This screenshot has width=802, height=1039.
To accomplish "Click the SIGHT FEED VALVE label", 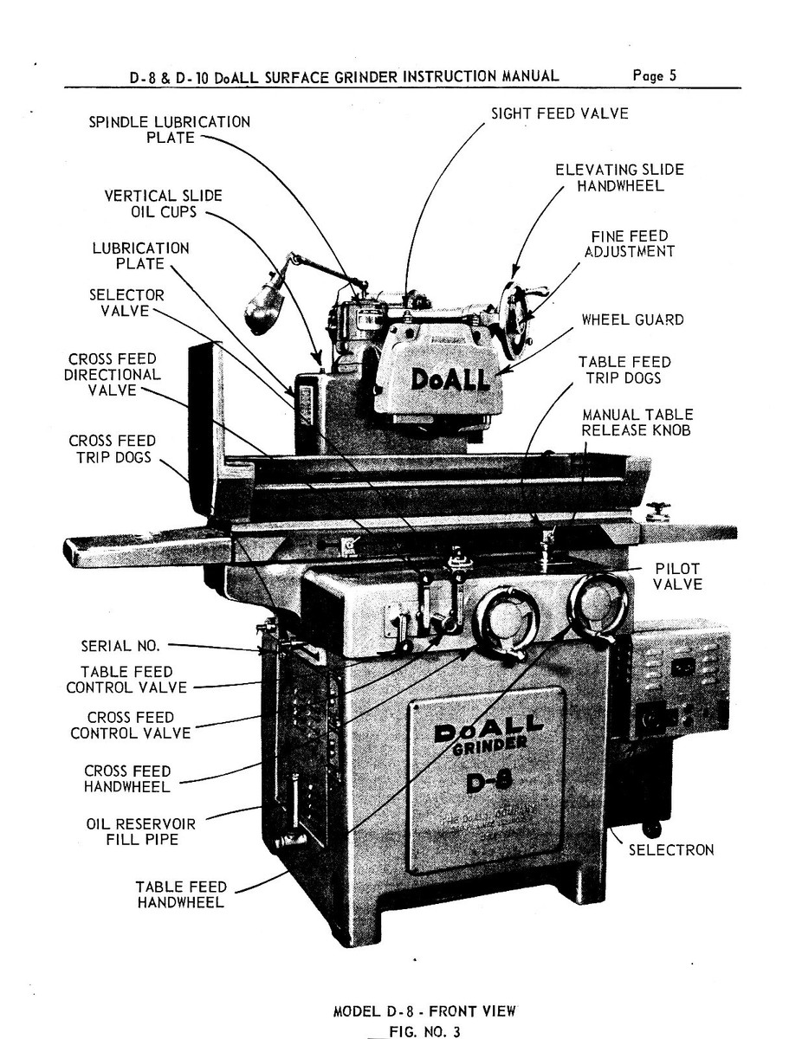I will tap(559, 113).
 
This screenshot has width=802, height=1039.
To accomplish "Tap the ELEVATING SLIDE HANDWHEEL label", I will tap(619, 177).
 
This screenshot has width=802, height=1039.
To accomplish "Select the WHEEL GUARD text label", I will tap(631, 319).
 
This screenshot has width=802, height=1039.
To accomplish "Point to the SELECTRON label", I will tap(671, 849).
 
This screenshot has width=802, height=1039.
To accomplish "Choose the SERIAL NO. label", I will tap(120, 645).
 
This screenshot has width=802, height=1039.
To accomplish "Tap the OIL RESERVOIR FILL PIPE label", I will tap(140, 831).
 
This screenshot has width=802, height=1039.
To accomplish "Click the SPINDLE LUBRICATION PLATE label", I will tap(170, 130).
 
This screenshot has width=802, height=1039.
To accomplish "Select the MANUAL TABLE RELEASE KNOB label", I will tap(637, 423).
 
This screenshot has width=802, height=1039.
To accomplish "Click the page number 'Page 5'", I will tap(654, 75).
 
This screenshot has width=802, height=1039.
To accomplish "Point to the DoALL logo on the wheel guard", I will tap(450, 379).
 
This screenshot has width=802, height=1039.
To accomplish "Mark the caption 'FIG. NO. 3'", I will tap(424, 1030).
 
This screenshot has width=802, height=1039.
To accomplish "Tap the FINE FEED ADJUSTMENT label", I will tap(629, 243).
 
